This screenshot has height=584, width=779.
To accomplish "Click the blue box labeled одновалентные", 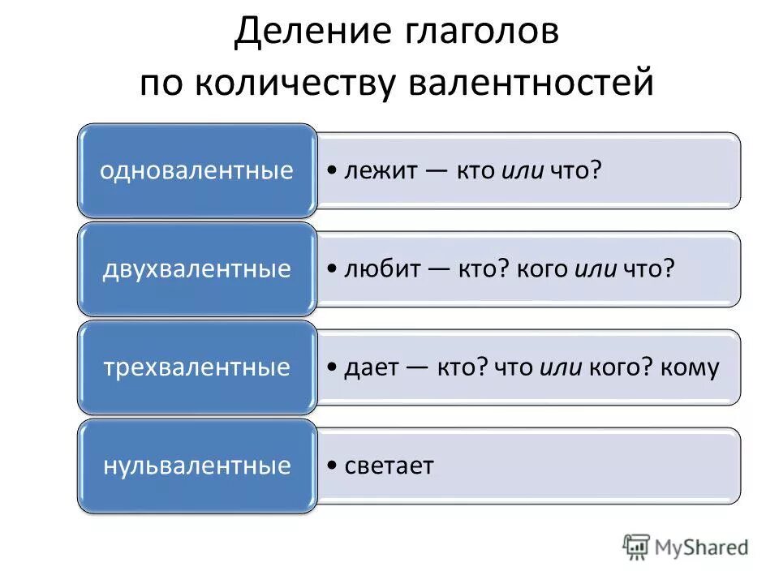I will click(196, 171).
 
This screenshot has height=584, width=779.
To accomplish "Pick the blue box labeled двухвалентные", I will click(196, 269).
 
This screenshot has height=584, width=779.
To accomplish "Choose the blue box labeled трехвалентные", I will click(196, 367).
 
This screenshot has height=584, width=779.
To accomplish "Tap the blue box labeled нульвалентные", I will click(196, 466).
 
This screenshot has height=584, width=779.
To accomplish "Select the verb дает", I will click(370, 367).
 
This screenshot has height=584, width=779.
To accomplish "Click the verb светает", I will click(389, 466).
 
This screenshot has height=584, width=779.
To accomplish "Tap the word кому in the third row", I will click(690, 367).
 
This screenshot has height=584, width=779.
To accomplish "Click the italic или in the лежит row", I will click(523, 171).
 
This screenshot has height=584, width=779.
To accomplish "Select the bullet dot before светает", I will click(334, 467).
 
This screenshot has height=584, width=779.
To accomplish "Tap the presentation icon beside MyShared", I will click(637, 547).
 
